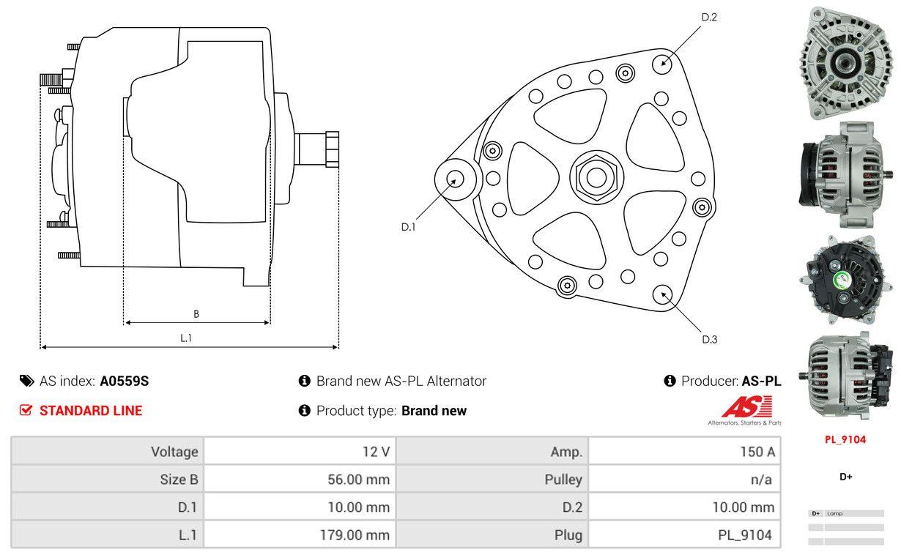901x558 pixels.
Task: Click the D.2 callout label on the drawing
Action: click(708, 17)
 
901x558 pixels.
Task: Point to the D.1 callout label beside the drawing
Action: click(408, 227)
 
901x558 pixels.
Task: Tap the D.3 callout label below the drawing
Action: click(709, 339)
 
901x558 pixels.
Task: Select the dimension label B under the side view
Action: click(196, 314)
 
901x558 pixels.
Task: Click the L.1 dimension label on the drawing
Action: click(186, 338)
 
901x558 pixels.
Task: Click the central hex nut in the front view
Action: click(593, 176)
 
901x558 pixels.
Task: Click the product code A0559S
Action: click(124, 381)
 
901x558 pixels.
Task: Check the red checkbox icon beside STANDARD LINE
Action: click(26, 411)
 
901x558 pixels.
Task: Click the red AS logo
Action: click(746, 406)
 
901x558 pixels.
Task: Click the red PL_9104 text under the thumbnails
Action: click(845, 439)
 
